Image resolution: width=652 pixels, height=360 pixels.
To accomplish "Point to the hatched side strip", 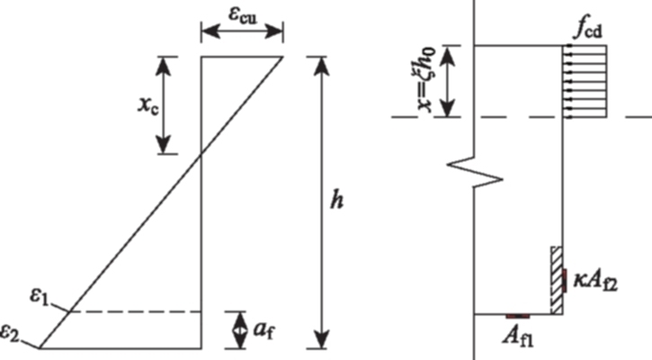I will tap(557, 280).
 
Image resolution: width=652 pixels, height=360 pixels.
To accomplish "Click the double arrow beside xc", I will tap(163, 103).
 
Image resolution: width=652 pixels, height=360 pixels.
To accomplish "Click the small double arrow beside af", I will tap(238, 330).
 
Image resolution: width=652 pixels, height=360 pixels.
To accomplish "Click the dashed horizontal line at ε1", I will tap(135, 311).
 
